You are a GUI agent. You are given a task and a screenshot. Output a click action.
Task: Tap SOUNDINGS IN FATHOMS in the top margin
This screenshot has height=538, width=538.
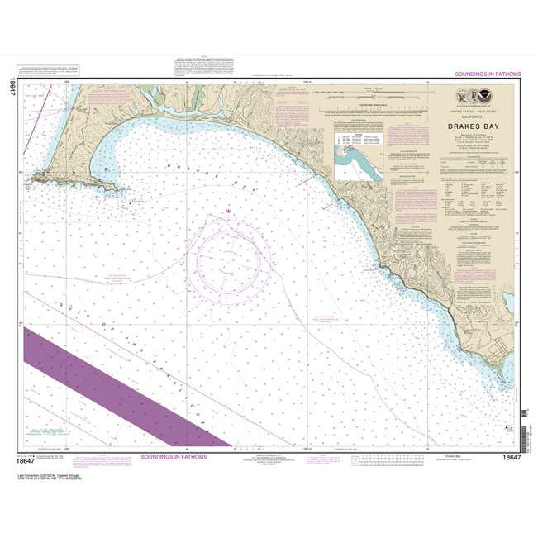pos(488,74)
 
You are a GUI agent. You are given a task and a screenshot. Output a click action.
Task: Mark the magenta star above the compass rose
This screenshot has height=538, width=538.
pos(228,212)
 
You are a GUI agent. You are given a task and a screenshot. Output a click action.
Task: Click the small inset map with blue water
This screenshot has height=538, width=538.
pos(358,160)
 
